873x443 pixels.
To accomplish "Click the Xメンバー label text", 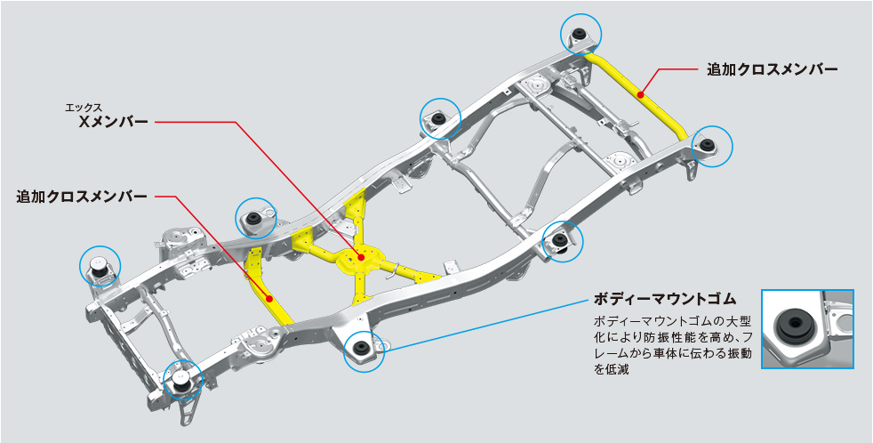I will [x=112, y=123].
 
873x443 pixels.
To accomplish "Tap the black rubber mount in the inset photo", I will [x=790, y=326].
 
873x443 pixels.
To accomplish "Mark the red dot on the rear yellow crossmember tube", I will [x=641, y=92].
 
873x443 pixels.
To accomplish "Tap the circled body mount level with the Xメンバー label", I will [x=437, y=119].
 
